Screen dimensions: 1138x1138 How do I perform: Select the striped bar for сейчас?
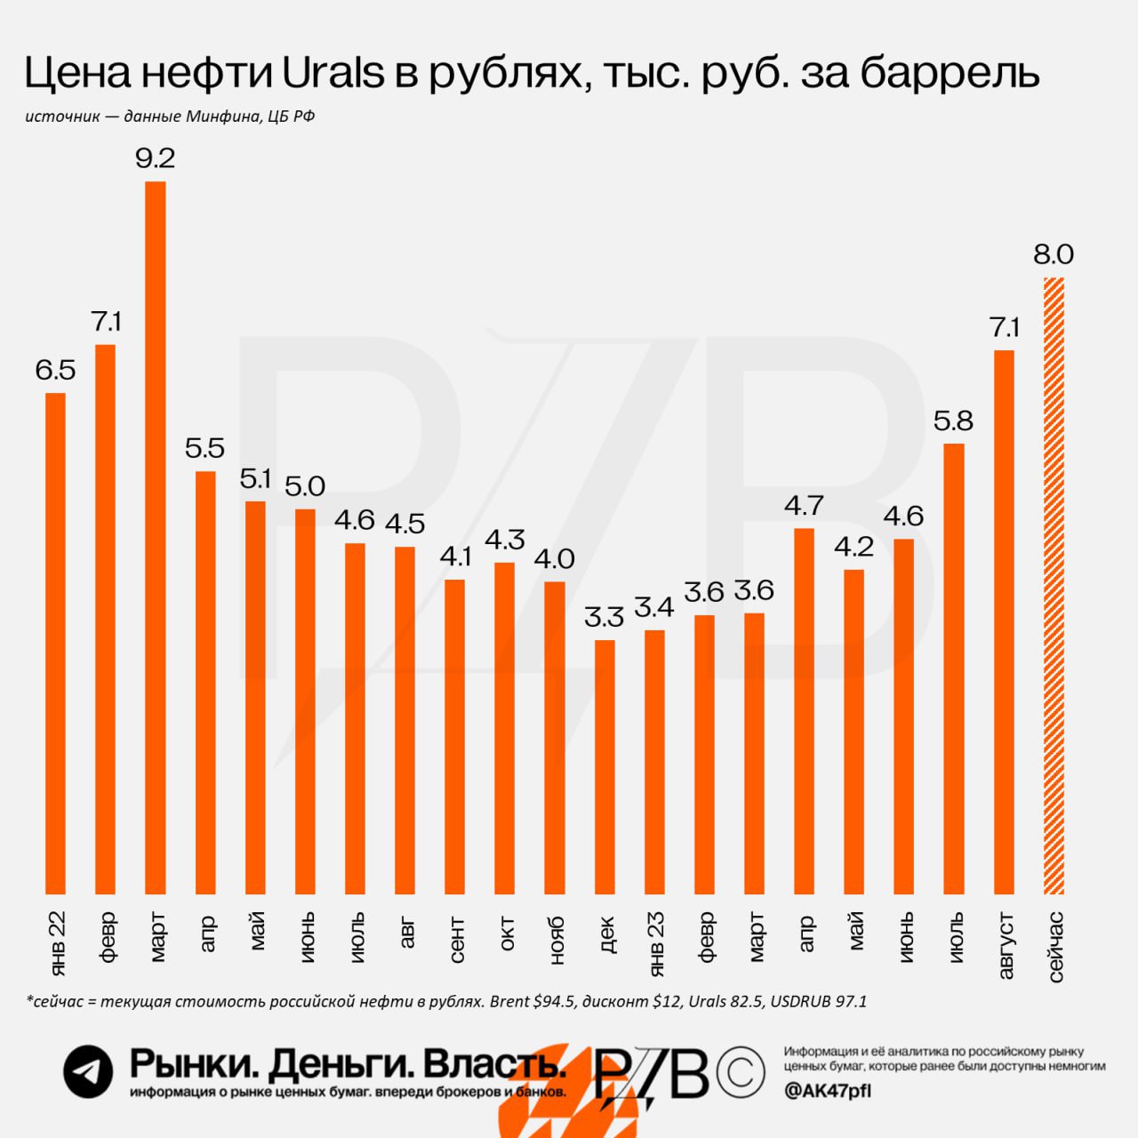[x=1054, y=587]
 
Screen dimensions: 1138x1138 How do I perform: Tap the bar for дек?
[x=605, y=766]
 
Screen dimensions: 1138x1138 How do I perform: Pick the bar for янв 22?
[x=55, y=642]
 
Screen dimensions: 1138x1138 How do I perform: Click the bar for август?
[x=1004, y=622]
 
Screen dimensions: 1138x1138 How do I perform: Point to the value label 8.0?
[x=1054, y=255]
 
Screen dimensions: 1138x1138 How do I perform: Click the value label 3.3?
[x=605, y=616]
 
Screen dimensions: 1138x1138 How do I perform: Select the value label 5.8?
[x=953, y=421]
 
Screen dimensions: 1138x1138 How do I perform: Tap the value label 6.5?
[x=55, y=370]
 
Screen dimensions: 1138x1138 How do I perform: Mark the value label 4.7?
[x=804, y=506]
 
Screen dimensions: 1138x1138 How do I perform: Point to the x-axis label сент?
[x=455, y=939]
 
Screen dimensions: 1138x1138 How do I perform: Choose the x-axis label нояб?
[x=556, y=940]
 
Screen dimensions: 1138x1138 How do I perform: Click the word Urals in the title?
[x=333, y=73]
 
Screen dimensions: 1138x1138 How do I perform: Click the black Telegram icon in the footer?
[x=88, y=1071]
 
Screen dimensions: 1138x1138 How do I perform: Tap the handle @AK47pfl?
[x=828, y=1091]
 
